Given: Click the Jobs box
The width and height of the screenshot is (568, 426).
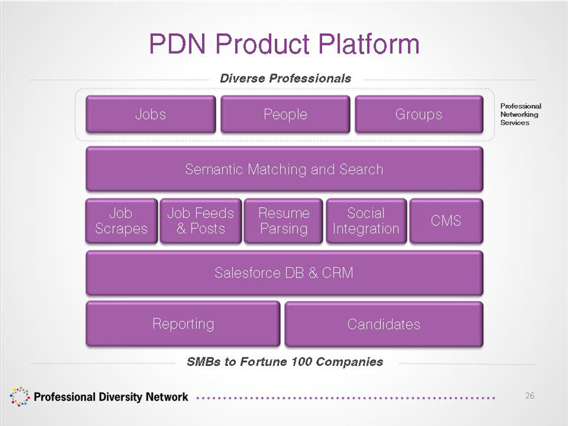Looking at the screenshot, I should point(150,114).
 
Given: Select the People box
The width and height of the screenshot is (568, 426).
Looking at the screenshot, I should point(285,114).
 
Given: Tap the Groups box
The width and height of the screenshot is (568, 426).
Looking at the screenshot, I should point(419,114).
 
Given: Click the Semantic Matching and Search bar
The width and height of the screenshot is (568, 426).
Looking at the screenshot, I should point(284,169).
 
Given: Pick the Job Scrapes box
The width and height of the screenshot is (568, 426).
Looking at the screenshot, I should point(121,221).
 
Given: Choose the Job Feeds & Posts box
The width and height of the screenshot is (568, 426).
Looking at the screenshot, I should point(201,221).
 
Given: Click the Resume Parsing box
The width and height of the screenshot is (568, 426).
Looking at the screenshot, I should point(283,221).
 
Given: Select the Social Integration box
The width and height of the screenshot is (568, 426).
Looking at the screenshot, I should point(366,221).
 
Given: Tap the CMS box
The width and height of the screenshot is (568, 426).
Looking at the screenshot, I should point(446,221).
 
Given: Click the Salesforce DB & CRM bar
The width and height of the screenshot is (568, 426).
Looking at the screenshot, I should point(284,272).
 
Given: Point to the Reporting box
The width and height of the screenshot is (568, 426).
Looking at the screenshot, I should point(183,323).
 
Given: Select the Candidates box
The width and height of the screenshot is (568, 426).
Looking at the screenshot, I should point(383,324).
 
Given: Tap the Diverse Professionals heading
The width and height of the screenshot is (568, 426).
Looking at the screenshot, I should point(285,78).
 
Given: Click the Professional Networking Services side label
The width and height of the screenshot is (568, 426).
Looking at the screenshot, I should point(520,114).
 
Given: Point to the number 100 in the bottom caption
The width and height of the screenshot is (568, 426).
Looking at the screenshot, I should point(298,361).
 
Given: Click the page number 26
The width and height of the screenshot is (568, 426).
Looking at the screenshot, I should point(529,396).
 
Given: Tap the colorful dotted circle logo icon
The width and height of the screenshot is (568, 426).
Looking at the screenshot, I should point(20,396).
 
